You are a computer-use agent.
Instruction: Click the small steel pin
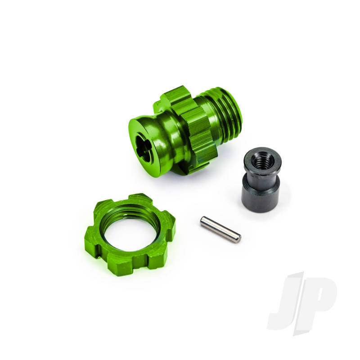(x=220, y=229)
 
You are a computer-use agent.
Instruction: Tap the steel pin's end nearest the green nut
(x=203, y=221)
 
